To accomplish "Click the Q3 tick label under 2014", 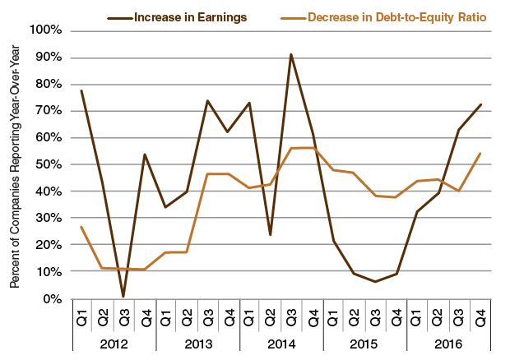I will (x=291, y=314).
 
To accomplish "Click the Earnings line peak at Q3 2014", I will (x=291, y=54).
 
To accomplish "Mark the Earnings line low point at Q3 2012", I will (x=123, y=297).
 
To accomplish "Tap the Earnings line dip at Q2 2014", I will (x=270, y=235).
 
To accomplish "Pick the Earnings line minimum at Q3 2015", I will (x=375, y=282).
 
